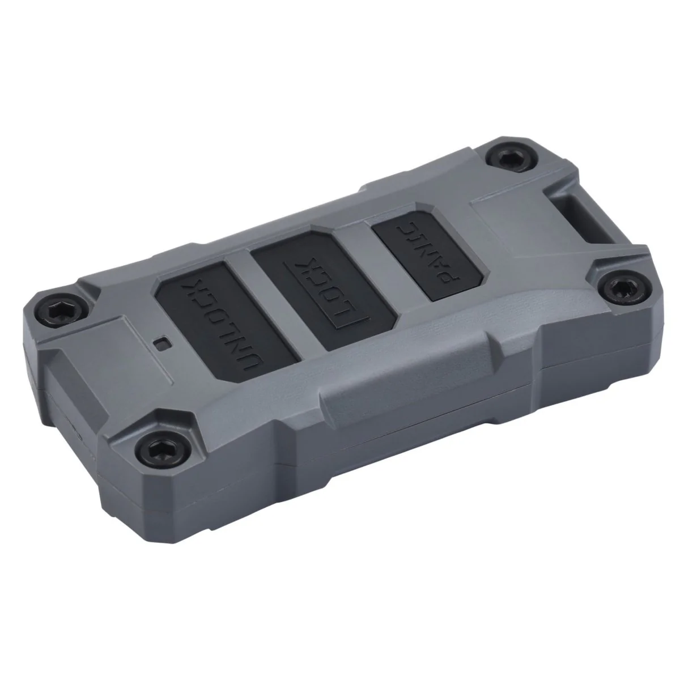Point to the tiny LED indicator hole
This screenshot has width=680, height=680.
[x=163, y=343]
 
